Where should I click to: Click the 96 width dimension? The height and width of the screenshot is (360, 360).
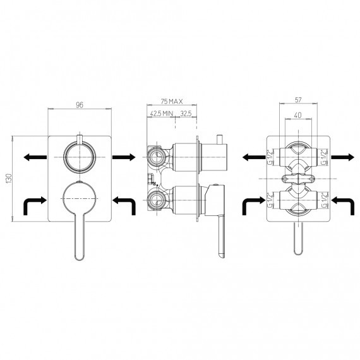80,105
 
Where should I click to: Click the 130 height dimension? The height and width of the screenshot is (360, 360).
9,179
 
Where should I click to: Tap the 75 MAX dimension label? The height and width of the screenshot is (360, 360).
172,101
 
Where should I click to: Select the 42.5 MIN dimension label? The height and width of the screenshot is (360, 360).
162,114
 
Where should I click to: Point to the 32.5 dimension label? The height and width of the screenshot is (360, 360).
186,114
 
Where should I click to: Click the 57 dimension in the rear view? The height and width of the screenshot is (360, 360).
298,100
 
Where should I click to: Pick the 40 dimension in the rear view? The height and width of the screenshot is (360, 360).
297,115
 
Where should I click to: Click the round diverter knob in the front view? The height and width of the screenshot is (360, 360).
80,157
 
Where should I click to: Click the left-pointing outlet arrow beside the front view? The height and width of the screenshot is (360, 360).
35,157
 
